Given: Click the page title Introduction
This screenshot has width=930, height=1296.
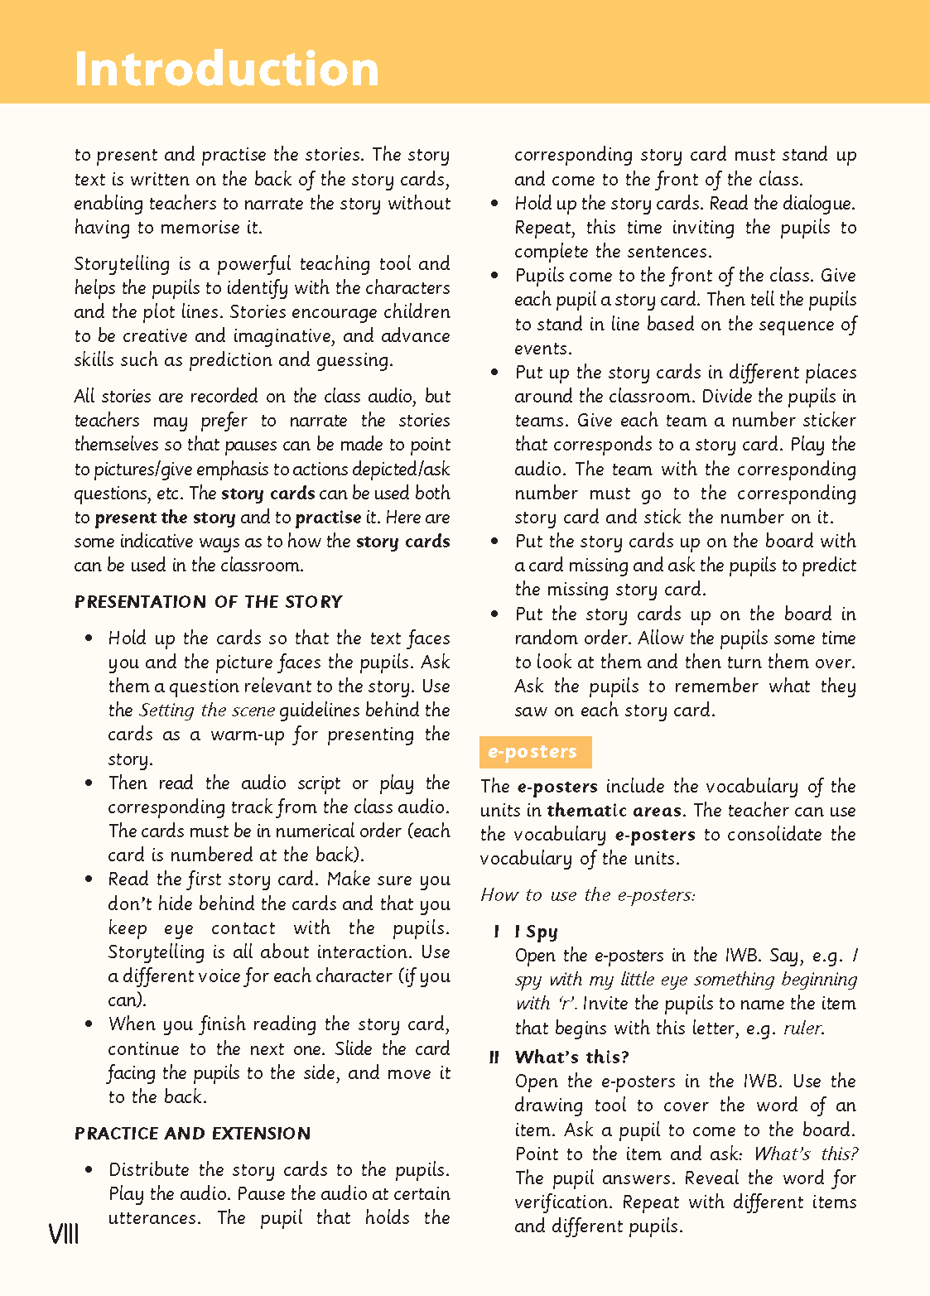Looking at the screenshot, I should (x=226, y=69).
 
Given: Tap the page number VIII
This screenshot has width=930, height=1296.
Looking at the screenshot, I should (x=64, y=1235).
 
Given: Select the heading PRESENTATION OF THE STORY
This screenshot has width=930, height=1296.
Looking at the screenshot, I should (x=208, y=602).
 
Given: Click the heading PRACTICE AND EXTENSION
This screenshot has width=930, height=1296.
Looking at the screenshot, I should (x=192, y=1134).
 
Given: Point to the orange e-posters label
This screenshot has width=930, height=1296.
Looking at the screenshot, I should (x=535, y=752).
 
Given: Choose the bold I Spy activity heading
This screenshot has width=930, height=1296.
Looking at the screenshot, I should (x=536, y=932).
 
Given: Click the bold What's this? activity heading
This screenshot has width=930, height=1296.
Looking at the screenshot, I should (x=571, y=1058).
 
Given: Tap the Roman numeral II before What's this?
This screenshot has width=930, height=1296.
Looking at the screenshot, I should (x=494, y=1058).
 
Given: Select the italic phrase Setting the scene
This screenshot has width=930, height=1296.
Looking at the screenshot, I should (x=207, y=711).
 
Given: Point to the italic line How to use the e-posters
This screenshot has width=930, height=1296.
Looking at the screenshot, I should (x=587, y=895).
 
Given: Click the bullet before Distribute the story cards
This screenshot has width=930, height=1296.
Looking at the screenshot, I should (x=89, y=1171).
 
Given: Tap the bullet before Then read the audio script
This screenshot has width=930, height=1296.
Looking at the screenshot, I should (x=89, y=784).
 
